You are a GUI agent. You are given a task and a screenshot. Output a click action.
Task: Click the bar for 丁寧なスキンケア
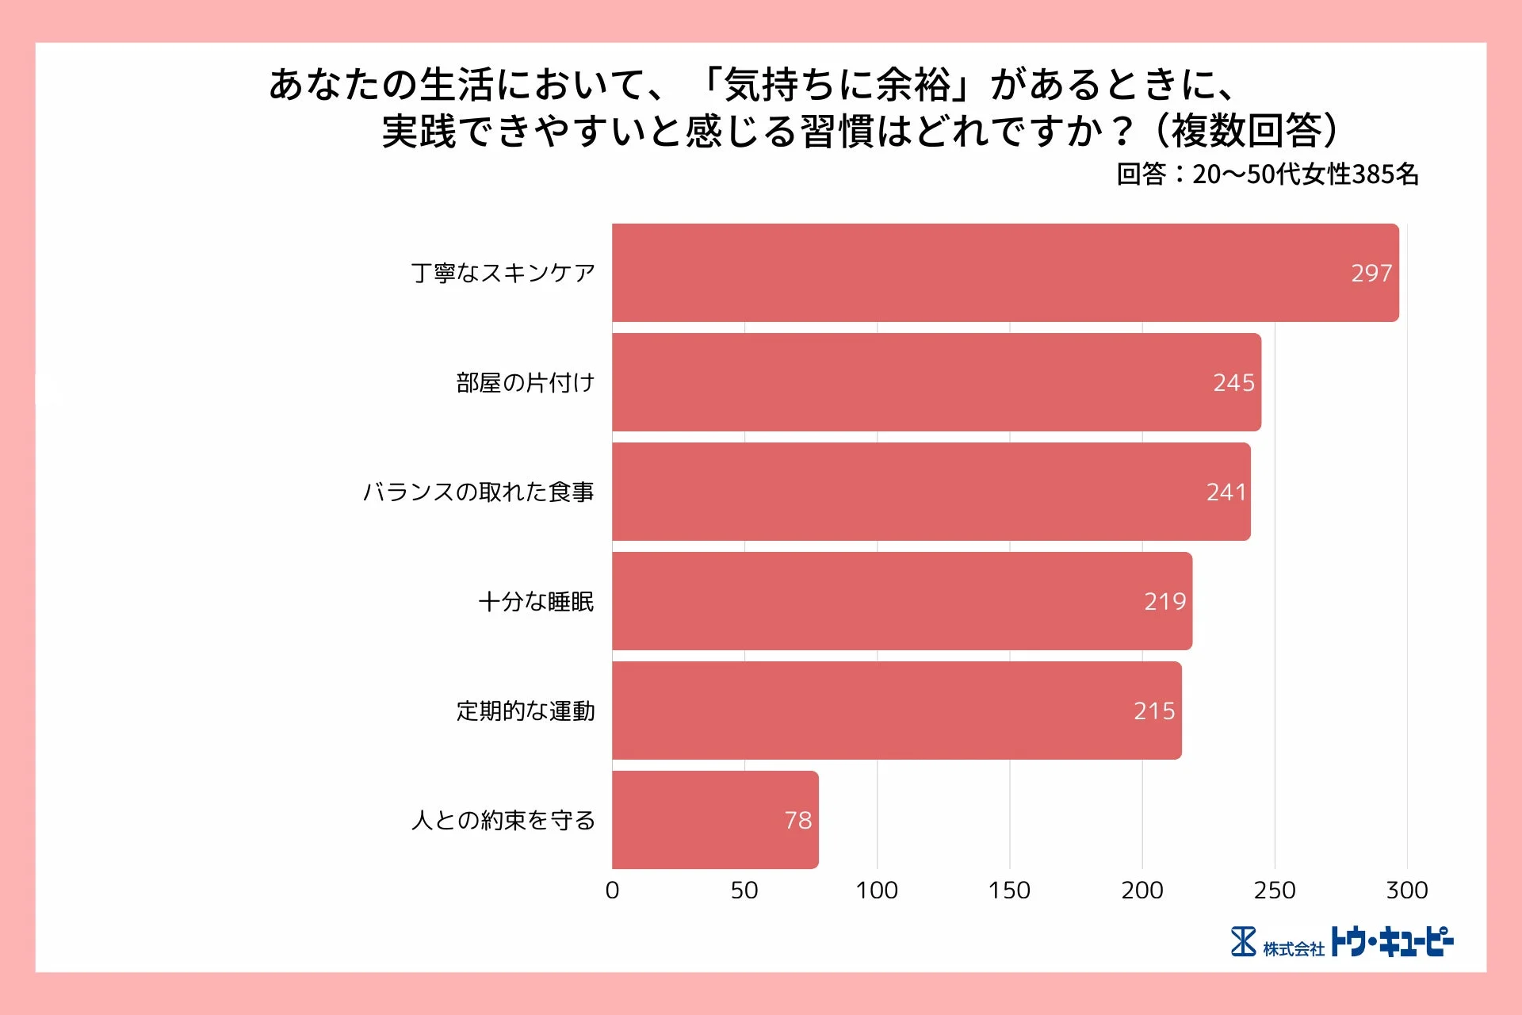1005,273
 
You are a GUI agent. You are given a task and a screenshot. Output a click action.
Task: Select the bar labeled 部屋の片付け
935,382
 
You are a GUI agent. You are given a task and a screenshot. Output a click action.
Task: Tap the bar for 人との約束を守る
715,820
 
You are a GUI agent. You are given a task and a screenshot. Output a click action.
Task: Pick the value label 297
1371,274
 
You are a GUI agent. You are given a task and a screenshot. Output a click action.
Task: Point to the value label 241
1226,492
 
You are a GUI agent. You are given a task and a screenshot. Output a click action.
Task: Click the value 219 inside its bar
1164,602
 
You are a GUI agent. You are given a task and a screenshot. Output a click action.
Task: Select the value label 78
797,821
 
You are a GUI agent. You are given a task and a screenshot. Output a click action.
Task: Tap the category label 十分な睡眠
536,602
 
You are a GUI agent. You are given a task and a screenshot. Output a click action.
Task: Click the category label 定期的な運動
525,711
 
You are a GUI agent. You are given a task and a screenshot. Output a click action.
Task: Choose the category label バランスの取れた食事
478,492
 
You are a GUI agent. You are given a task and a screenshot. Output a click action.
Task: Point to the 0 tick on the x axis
612,891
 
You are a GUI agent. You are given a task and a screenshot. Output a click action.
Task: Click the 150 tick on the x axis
1009,891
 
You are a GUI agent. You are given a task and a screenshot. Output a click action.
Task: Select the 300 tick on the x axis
1406,891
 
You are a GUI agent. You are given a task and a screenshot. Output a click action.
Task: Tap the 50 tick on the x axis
744,891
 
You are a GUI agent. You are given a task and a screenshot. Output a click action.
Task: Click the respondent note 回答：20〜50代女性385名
1267,174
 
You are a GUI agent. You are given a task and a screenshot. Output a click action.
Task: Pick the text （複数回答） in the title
1246,131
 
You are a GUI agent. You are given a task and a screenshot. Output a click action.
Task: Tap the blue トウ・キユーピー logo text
1391,942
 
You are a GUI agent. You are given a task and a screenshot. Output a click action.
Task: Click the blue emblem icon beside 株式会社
1243,942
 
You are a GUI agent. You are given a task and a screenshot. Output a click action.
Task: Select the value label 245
1233,383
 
